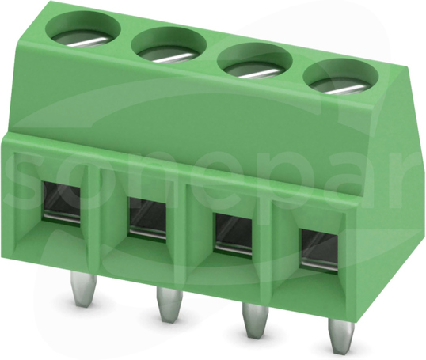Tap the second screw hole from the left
tap(169, 46)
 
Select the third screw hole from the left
tap(254, 62)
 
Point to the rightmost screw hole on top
tap(340, 78)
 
